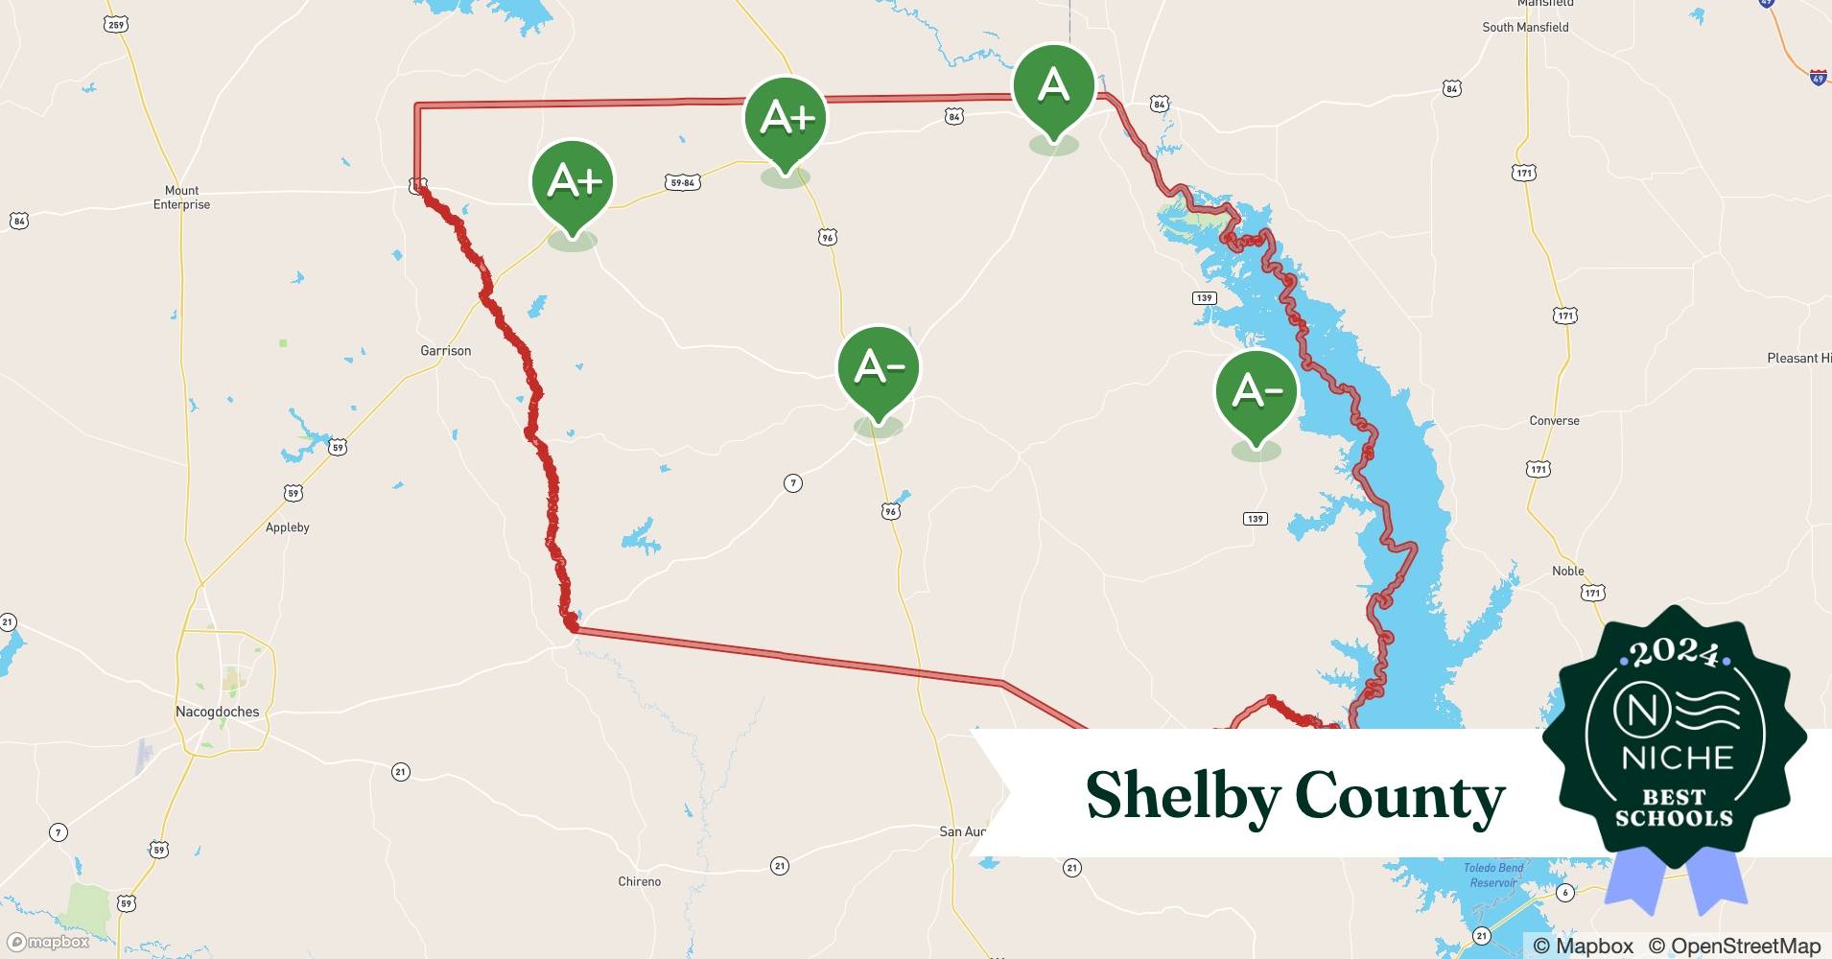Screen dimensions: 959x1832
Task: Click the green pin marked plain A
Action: pyautogui.click(x=1053, y=87)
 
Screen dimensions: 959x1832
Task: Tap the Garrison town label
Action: pyautogui.click(x=445, y=351)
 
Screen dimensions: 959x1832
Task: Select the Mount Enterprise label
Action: pyautogui.click(x=181, y=198)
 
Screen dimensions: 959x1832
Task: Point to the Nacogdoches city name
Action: pyautogui.click(x=217, y=712)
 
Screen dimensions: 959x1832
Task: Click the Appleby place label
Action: pyautogui.click(x=287, y=527)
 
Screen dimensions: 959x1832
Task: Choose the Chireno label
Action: pyautogui.click(x=639, y=881)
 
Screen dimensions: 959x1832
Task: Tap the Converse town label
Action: pyautogui.click(x=1554, y=421)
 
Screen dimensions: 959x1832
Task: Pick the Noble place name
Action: pyautogui.click(x=1567, y=571)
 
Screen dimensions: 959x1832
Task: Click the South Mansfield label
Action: pyautogui.click(x=1525, y=27)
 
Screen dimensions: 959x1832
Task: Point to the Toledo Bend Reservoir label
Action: pyautogui.click(x=1493, y=875)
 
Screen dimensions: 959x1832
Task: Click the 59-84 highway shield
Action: pyautogui.click(x=681, y=182)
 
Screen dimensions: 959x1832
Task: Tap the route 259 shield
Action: pyautogui.click(x=116, y=24)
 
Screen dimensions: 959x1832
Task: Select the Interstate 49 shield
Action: pyautogui.click(x=1818, y=78)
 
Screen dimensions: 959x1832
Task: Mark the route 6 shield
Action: pyautogui.click(x=1565, y=893)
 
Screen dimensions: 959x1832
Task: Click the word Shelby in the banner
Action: pyautogui.click(x=1183, y=796)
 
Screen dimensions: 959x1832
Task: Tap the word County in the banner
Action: pyautogui.click(x=1400, y=796)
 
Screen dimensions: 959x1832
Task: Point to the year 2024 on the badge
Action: pyautogui.click(x=1675, y=653)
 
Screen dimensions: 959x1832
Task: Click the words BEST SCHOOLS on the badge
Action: pyautogui.click(x=1675, y=807)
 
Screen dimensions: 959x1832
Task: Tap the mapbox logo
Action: pyautogui.click(x=48, y=942)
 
